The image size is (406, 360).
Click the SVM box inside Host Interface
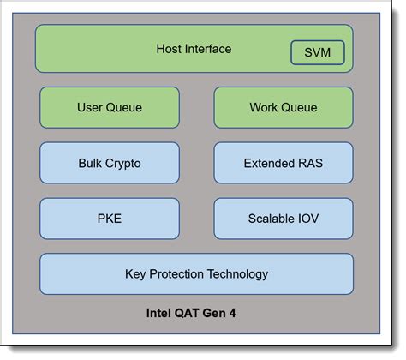click(318, 53)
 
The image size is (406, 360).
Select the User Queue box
click(110, 108)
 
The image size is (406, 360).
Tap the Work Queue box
click(283, 108)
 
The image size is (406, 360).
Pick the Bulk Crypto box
click(110, 163)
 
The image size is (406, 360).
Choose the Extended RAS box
click(283, 163)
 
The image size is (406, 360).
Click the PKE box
click(110, 218)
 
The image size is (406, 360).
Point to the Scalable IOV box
click(283, 218)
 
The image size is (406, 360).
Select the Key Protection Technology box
click(196, 274)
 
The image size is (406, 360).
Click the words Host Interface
click(194, 49)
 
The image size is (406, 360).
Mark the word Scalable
click(271, 218)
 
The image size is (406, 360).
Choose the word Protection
click(176, 274)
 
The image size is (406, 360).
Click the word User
click(91, 108)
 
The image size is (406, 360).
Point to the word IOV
click(309, 218)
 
